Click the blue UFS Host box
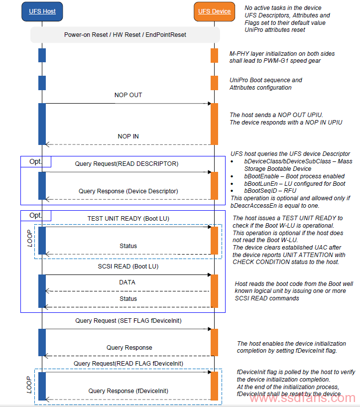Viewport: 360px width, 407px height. click(42, 11)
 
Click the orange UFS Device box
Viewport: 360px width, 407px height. click(214, 11)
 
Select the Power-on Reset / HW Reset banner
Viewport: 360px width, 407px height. click(125, 35)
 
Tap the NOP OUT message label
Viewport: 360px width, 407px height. click(128, 95)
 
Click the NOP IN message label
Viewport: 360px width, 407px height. click(128, 136)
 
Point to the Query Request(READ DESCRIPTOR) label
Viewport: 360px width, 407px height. click(126, 164)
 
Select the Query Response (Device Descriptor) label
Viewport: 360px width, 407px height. click(128, 191)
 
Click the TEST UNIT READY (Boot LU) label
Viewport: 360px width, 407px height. click(128, 219)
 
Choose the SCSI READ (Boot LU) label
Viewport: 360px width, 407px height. click(128, 267)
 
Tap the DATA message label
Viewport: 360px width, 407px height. click(127, 282)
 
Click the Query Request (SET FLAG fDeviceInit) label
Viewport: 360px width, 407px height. click(128, 321)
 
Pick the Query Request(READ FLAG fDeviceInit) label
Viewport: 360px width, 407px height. click(128, 364)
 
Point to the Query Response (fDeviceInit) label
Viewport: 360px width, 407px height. click(128, 391)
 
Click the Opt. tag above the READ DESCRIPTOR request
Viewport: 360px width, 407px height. click(35, 161)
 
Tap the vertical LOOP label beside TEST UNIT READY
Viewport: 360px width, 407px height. click(30, 238)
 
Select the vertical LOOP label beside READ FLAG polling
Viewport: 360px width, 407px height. click(29, 385)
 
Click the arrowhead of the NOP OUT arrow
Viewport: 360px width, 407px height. click(210, 104)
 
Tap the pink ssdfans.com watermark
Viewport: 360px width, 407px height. click(302, 398)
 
